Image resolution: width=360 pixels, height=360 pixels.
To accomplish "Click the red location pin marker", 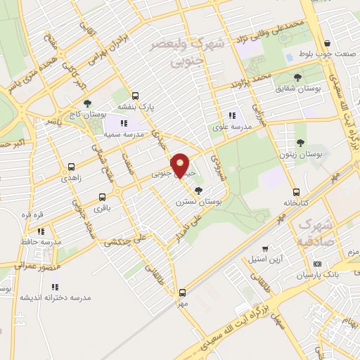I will click(181, 165).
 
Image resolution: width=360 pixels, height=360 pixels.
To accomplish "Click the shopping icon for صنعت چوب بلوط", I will click(328, 43).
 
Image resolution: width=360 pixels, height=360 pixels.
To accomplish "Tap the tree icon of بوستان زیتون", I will click(301, 143).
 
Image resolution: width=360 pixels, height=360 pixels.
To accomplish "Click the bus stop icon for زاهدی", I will click(71, 167).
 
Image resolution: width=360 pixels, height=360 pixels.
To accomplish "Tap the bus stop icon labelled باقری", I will click(103, 198).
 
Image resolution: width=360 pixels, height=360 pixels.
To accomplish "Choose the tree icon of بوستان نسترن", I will click(199, 190).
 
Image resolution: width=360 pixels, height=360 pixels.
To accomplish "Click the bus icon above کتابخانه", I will click(296, 192).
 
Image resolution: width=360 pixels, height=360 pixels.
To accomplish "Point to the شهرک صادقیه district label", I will click(315, 231).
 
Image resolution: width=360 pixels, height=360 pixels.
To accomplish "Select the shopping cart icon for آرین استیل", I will click(264, 248).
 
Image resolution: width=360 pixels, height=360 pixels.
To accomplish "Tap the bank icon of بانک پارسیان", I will click(317, 264).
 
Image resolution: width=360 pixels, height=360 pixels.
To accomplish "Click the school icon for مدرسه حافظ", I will click(41, 231).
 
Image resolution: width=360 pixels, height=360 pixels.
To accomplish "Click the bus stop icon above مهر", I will click(182, 292).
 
